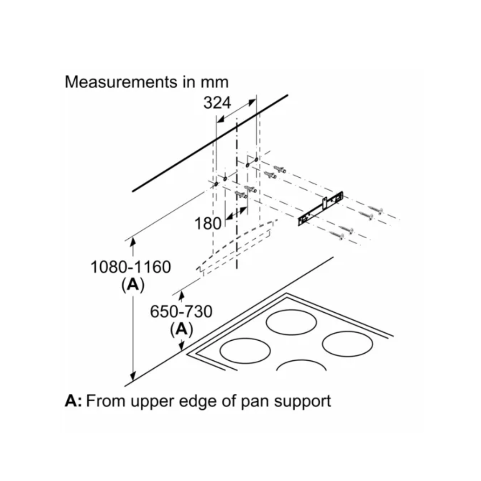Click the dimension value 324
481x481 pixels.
coord(217,103)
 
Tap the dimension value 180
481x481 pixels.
coord(208,223)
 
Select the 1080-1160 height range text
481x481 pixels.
coord(130,267)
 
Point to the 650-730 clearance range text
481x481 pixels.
coord(181,312)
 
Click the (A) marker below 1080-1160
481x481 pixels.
coord(133,285)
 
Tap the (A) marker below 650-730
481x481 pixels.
coord(181,330)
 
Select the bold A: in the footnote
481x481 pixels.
coord(73,401)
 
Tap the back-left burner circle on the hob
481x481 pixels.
coord(292,321)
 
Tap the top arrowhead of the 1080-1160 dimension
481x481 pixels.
coord(133,241)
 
